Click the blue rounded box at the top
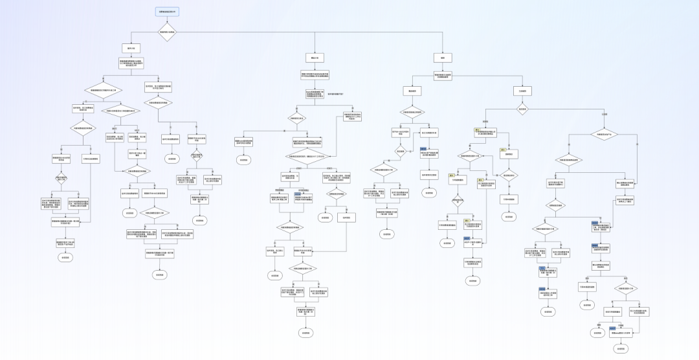(x=167, y=12)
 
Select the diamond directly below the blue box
(x=167, y=32)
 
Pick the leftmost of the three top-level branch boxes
(x=131, y=48)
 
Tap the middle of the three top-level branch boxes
(x=316, y=58)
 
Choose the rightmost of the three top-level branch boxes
(x=443, y=58)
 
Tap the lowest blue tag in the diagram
(x=612, y=328)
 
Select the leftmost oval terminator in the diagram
(x=65, y=257)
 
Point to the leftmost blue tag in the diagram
(x=299, y=192)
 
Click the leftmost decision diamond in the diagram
(x=61, y=178)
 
